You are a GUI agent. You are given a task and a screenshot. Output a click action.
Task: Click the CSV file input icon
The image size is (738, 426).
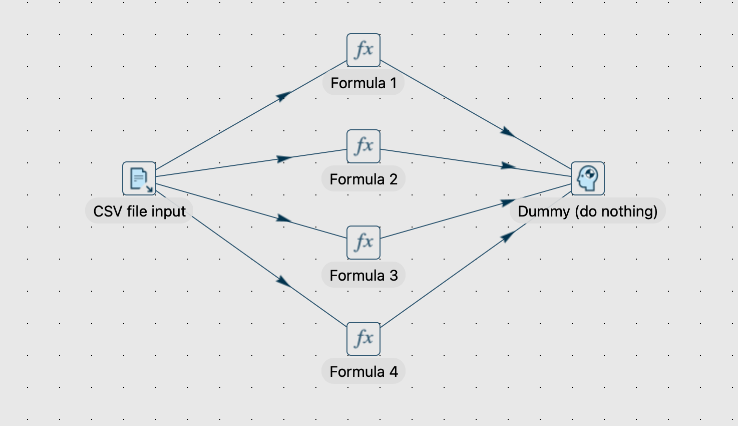tap(139, 178)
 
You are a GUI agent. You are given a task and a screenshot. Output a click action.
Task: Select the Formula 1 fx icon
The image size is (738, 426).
tap(363, 50)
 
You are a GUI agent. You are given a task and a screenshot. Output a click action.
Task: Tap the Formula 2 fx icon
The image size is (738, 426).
tap(363, 146)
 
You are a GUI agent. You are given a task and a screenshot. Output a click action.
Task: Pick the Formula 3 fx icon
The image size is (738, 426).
tap(363, 243)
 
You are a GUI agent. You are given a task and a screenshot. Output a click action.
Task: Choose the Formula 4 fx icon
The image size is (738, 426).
tap(363, 339)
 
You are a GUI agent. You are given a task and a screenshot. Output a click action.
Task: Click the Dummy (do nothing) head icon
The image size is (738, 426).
tap(588, 178)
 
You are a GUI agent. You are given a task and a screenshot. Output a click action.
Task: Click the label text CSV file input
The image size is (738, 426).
tap(139, 211)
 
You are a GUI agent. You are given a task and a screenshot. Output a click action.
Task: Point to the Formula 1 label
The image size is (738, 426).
tap(363, 83)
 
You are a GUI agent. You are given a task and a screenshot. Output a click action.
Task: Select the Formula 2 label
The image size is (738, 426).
tap(363, 179)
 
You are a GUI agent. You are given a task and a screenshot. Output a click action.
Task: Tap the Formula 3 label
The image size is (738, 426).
tap(363, 275)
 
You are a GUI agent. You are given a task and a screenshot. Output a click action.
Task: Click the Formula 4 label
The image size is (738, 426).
tap(363, 371)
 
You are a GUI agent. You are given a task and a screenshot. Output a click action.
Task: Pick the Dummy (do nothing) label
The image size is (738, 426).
tap(588, 211)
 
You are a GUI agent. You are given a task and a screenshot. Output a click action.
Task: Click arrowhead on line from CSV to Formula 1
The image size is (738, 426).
tap(284, 96)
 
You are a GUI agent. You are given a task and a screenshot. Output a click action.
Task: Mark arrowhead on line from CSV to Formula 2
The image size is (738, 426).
tap(284, 159)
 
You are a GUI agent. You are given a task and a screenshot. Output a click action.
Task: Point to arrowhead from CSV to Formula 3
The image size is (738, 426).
tap(284, 219)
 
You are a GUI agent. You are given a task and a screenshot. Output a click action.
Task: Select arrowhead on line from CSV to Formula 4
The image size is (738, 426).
tap(283, 281)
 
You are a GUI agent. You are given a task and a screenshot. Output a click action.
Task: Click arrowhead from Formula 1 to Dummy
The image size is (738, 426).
tap(508, 132)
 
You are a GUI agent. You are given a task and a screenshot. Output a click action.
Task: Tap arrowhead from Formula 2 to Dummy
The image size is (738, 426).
tap(508, 166)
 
